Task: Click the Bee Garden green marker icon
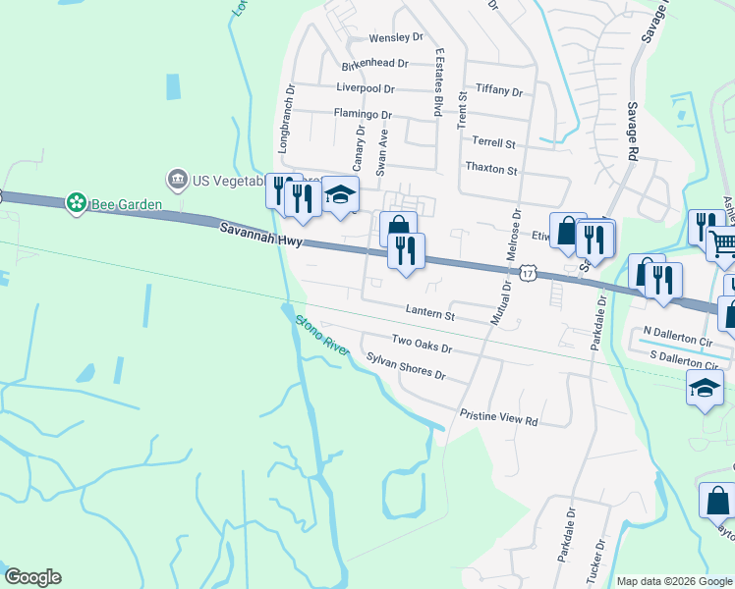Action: click(76, 203)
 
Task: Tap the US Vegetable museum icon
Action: click(177, 180)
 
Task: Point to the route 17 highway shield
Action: click(529, 272)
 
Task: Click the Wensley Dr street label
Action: click(395, 38)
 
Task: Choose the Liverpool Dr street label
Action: click(365, 88)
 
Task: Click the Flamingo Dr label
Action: click(363, 114)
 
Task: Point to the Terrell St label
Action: click(493, 142)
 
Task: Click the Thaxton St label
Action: click(490, 170)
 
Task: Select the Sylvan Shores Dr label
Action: click(406, 367)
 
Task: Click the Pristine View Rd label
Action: click(499, 418)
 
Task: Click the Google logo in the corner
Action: click(32, 577)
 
